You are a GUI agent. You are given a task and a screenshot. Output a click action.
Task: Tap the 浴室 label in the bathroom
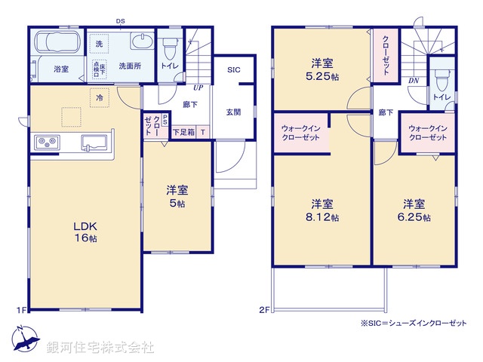[x=60, y=69]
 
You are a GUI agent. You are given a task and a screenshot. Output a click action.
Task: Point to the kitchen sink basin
[x=94, y=142]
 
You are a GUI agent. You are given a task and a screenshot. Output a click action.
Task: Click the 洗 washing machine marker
[x=99, y=44]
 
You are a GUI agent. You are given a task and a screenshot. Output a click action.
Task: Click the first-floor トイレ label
[x=168, y=66]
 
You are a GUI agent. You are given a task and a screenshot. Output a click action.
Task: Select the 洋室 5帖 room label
[x=177, y=196]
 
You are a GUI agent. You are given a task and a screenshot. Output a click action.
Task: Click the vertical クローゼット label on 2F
[x=385, y=54]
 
